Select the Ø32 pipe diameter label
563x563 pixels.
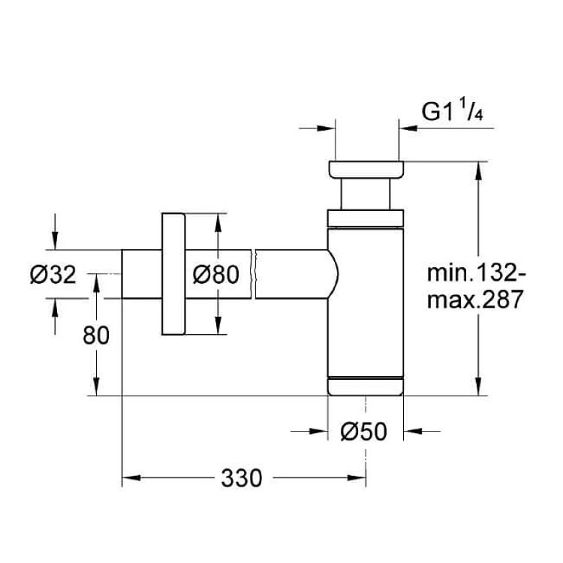pyautogui.click(x=53, y=275)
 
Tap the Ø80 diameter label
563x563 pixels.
pyautogui.click(x=215, y=275)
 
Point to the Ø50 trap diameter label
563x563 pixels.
pyautogui.click(x=364, y=431)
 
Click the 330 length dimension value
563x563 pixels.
pyautogui.click(x=241, y=478)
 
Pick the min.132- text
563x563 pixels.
pyautogui.click(x=476, y=273)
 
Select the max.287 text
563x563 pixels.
pyautogui.click(x=474, y=300)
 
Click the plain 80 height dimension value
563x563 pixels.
pyautogui.click(x=96, y=336)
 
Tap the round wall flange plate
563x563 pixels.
pyautogui.click(x=173, y=274)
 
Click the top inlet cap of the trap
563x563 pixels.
pyautogui.click(x=366, y=170)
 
